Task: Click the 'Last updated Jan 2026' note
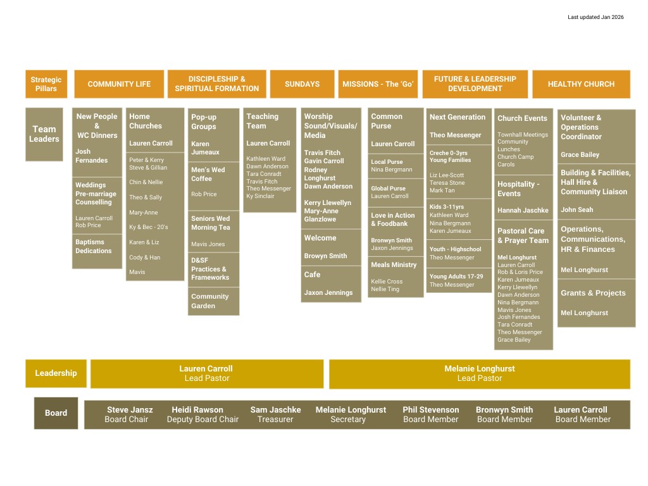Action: (595, 17)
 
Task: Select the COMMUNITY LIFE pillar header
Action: (119, 84)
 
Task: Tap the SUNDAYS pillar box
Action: (302, 84)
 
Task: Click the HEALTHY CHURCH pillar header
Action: (581, 84)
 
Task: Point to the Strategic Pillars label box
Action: (46, 84)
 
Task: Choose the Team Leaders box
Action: (44, 134)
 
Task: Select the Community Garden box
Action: (214, 301)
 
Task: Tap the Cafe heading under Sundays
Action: (313, 275)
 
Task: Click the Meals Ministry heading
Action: (394, 265)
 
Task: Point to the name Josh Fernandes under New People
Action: (92, 156)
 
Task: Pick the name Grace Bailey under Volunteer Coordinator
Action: (580, 154)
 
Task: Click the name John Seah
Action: (576, 209)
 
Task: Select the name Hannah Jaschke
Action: (523, 210)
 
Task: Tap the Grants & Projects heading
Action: (593, 293)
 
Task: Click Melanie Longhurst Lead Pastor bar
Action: (479, 373)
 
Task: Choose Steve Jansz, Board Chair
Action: (127, 414)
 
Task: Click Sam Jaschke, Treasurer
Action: (275, 414)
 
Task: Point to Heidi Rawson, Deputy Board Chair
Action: (202, 414)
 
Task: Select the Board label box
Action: (56, 413)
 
